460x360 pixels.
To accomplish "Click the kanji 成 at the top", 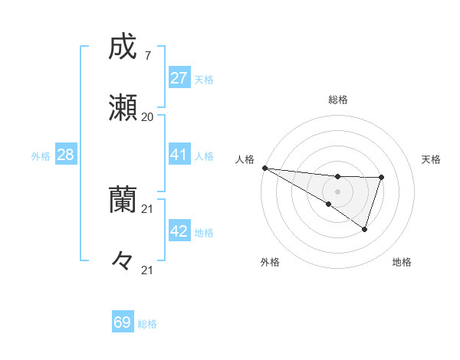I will pos(123,47).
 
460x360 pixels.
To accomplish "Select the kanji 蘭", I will pos(123,200).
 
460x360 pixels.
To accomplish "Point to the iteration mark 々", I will pos(123,260).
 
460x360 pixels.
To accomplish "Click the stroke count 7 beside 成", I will pos(147,56).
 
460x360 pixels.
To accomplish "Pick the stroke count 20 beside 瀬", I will pos(147,117).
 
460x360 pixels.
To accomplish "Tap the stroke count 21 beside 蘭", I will pos(148,208).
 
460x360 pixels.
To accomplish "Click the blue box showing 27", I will pos(179,78).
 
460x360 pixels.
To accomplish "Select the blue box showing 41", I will pos(179,155).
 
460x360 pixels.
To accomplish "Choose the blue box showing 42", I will pos(179,231).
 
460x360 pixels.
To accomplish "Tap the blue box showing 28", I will pos(65,155).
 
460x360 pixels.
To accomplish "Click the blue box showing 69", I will pos(123,322).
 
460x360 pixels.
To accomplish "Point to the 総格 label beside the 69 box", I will pos(147,324).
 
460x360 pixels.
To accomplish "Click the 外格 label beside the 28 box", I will pos(41,156).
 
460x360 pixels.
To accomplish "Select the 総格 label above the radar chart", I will pos(337,100).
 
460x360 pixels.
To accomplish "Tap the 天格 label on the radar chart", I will pos(431,159).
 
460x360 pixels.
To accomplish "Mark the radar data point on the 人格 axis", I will pos(264,168).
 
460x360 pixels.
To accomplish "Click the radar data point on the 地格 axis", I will pos(365,229).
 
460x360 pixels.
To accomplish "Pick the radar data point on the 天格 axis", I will pos(381,178).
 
